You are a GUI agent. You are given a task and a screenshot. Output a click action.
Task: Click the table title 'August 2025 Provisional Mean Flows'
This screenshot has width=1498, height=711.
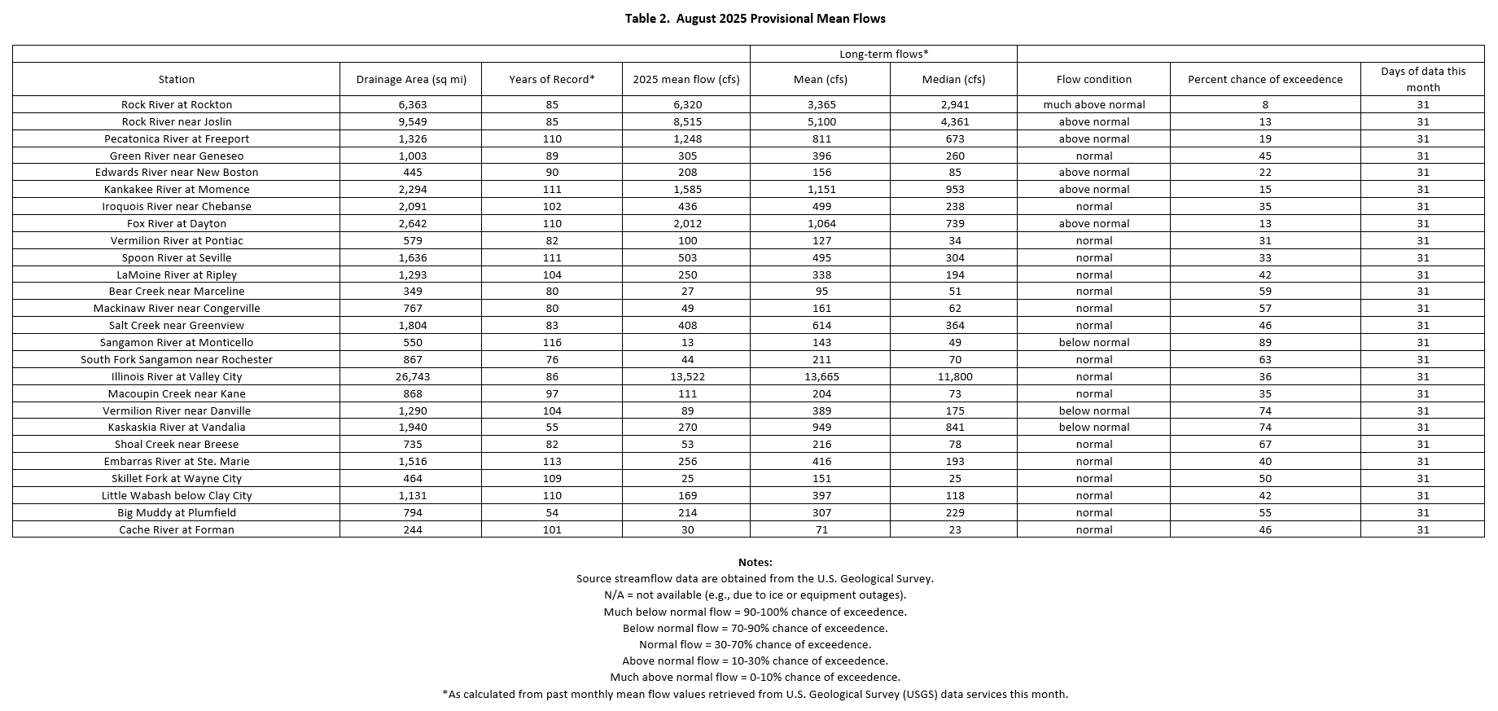[755, 18]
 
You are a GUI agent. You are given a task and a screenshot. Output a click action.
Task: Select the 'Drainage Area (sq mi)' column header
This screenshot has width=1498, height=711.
[411, 79]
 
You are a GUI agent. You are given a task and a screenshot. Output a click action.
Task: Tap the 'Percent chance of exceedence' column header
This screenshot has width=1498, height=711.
[1264, 79]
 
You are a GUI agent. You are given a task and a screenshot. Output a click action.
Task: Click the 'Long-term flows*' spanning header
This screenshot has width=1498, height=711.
[883, 54]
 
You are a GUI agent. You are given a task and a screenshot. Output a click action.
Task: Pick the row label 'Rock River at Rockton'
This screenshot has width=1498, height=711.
[177, 104]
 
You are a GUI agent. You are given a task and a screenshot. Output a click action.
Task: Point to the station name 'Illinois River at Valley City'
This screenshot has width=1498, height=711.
[177, 376]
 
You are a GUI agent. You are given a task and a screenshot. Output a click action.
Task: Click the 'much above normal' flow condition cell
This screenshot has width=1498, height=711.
[1093, 104]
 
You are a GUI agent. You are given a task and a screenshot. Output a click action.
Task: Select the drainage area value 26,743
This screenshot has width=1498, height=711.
[411, 376]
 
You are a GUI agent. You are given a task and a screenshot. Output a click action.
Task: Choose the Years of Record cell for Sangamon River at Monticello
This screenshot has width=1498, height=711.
[552, 342]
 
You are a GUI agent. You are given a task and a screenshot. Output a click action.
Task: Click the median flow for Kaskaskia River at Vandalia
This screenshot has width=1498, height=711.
[954, 427]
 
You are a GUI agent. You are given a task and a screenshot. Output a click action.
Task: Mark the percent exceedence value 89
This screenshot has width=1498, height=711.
[1264, 342]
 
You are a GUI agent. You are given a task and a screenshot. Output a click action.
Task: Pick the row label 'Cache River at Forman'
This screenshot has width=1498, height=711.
[177, 529]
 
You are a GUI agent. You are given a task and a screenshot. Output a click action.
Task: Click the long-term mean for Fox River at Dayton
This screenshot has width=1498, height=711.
[821, 223]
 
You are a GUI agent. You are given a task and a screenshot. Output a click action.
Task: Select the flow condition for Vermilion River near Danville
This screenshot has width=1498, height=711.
[1093, 410]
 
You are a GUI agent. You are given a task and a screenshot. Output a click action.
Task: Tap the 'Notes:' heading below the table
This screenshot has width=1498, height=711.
[755, 562]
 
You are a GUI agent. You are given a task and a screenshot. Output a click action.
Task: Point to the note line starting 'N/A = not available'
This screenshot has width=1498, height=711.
[755, 595]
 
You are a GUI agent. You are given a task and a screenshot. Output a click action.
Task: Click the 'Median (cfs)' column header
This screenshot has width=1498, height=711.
[953, 79]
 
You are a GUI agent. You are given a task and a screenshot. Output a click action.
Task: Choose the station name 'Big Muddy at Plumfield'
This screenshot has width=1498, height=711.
[177, 512]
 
